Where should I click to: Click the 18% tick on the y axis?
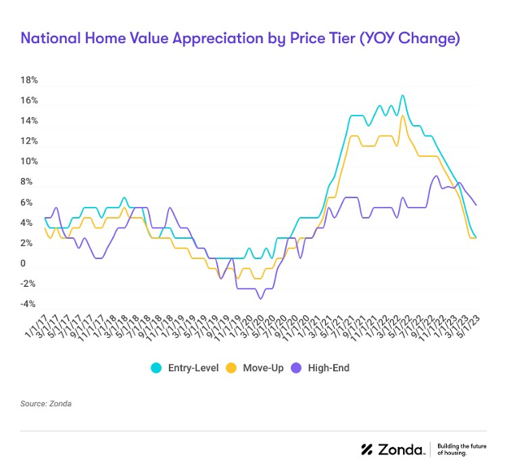(29, 80)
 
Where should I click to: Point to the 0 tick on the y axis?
(24, 264)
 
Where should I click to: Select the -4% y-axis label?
(28, 305)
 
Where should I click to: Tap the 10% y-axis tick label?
(29, 162)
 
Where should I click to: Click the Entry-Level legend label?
(192, 368)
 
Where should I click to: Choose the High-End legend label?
(328, 368)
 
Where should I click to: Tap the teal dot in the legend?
(156, 368)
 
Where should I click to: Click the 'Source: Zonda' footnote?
(46, 403)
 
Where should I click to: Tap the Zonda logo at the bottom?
(392, 449)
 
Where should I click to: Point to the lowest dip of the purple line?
(260, 298)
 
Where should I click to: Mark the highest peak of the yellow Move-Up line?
(402, 116)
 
